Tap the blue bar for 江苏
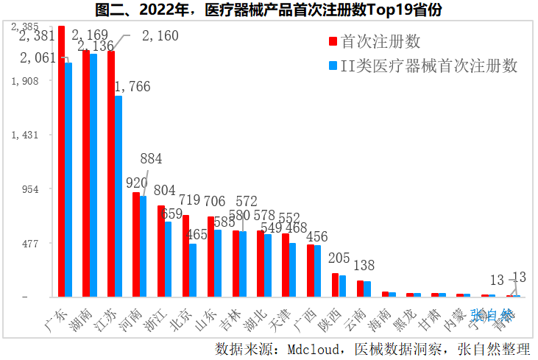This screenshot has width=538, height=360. click(118, 196)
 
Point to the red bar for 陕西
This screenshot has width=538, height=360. click(336, 285)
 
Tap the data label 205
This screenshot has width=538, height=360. click(339, 258)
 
